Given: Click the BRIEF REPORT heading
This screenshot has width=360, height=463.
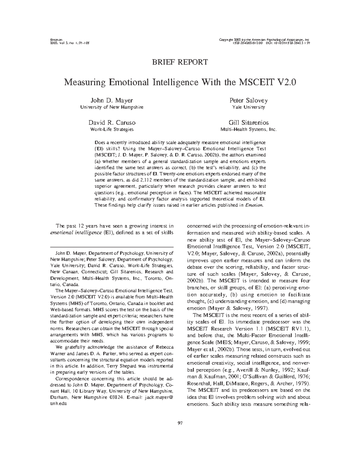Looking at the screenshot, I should click(180, 62).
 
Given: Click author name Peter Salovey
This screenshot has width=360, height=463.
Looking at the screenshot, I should click(248, 100).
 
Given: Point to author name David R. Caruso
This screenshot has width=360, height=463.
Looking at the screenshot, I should click(112, 122).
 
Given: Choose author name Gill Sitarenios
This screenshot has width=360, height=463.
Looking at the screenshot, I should click(248, 122).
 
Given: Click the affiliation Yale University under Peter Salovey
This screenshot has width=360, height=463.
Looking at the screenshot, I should click(248, 107).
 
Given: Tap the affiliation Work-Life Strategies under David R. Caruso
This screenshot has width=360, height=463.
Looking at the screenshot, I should click(112, 129).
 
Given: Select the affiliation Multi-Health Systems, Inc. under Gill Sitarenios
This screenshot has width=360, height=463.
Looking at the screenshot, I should click(248, 129).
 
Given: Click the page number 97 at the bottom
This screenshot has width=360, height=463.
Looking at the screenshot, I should click(180, 423).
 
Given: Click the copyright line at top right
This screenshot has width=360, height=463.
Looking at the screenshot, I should click(265, 40).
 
